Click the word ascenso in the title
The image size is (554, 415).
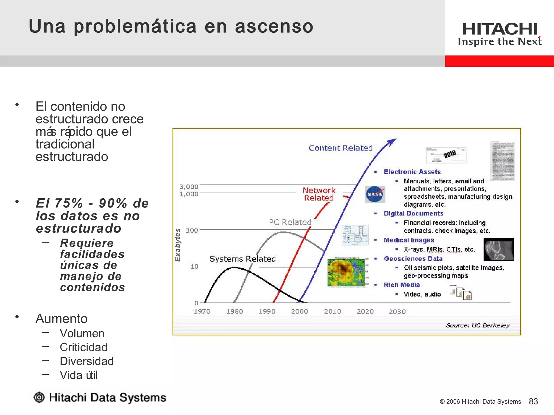pos(274,26)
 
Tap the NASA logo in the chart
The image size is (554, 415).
pos(375,194)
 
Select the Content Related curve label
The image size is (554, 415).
pos(340,148)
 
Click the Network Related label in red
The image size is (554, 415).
pos(319,194)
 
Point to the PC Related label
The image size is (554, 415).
pos(290,222)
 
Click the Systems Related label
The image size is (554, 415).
pos(242,259)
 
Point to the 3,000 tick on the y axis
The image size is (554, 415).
pos(189,187)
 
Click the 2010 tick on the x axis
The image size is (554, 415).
pos(332,311)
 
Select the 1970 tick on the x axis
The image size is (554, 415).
pos(202,311)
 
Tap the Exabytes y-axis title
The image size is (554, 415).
pos(177,245)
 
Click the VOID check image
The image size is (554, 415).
pos(446,155)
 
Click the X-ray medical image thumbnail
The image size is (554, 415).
pos(498,249)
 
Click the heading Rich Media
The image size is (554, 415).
pos(402,285)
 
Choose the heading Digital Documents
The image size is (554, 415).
pos(413,213)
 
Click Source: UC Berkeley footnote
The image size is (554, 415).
pos(477,325)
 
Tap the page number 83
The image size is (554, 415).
pos(533,401)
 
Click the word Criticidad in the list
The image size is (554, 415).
pos(83,347)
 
